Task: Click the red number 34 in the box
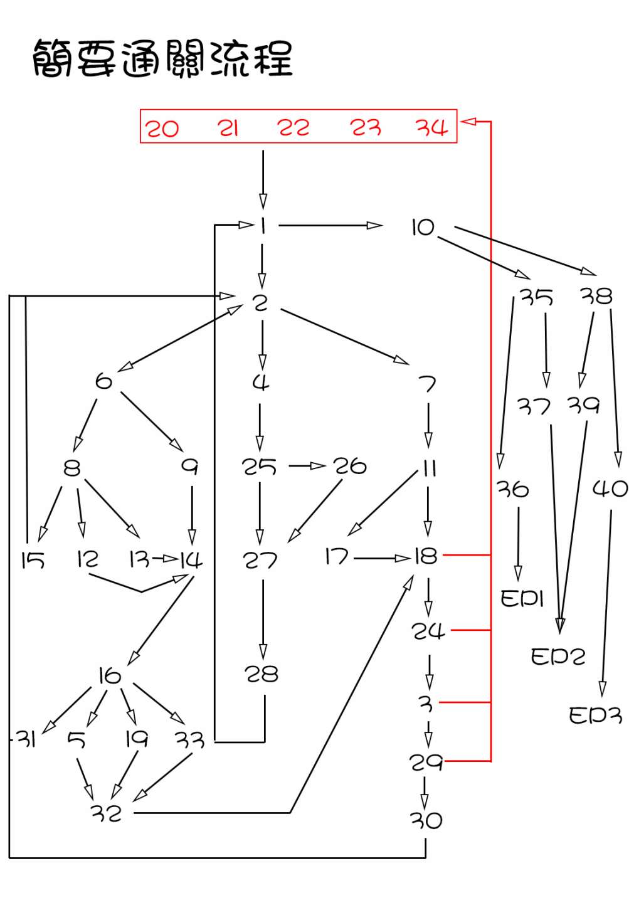(432, 127)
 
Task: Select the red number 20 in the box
(162, 129)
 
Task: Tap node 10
(423, 228)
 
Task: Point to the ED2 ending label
(558, 657)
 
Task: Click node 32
(106, 813)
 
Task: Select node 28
(262, 674)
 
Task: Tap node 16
(110, 675)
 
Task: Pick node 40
(610, 488)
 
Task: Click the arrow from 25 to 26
(307, 467)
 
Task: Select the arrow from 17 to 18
(382, 559)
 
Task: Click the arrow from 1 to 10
(330, 225)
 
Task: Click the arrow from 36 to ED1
(519, 544)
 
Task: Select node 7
(427, 383)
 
